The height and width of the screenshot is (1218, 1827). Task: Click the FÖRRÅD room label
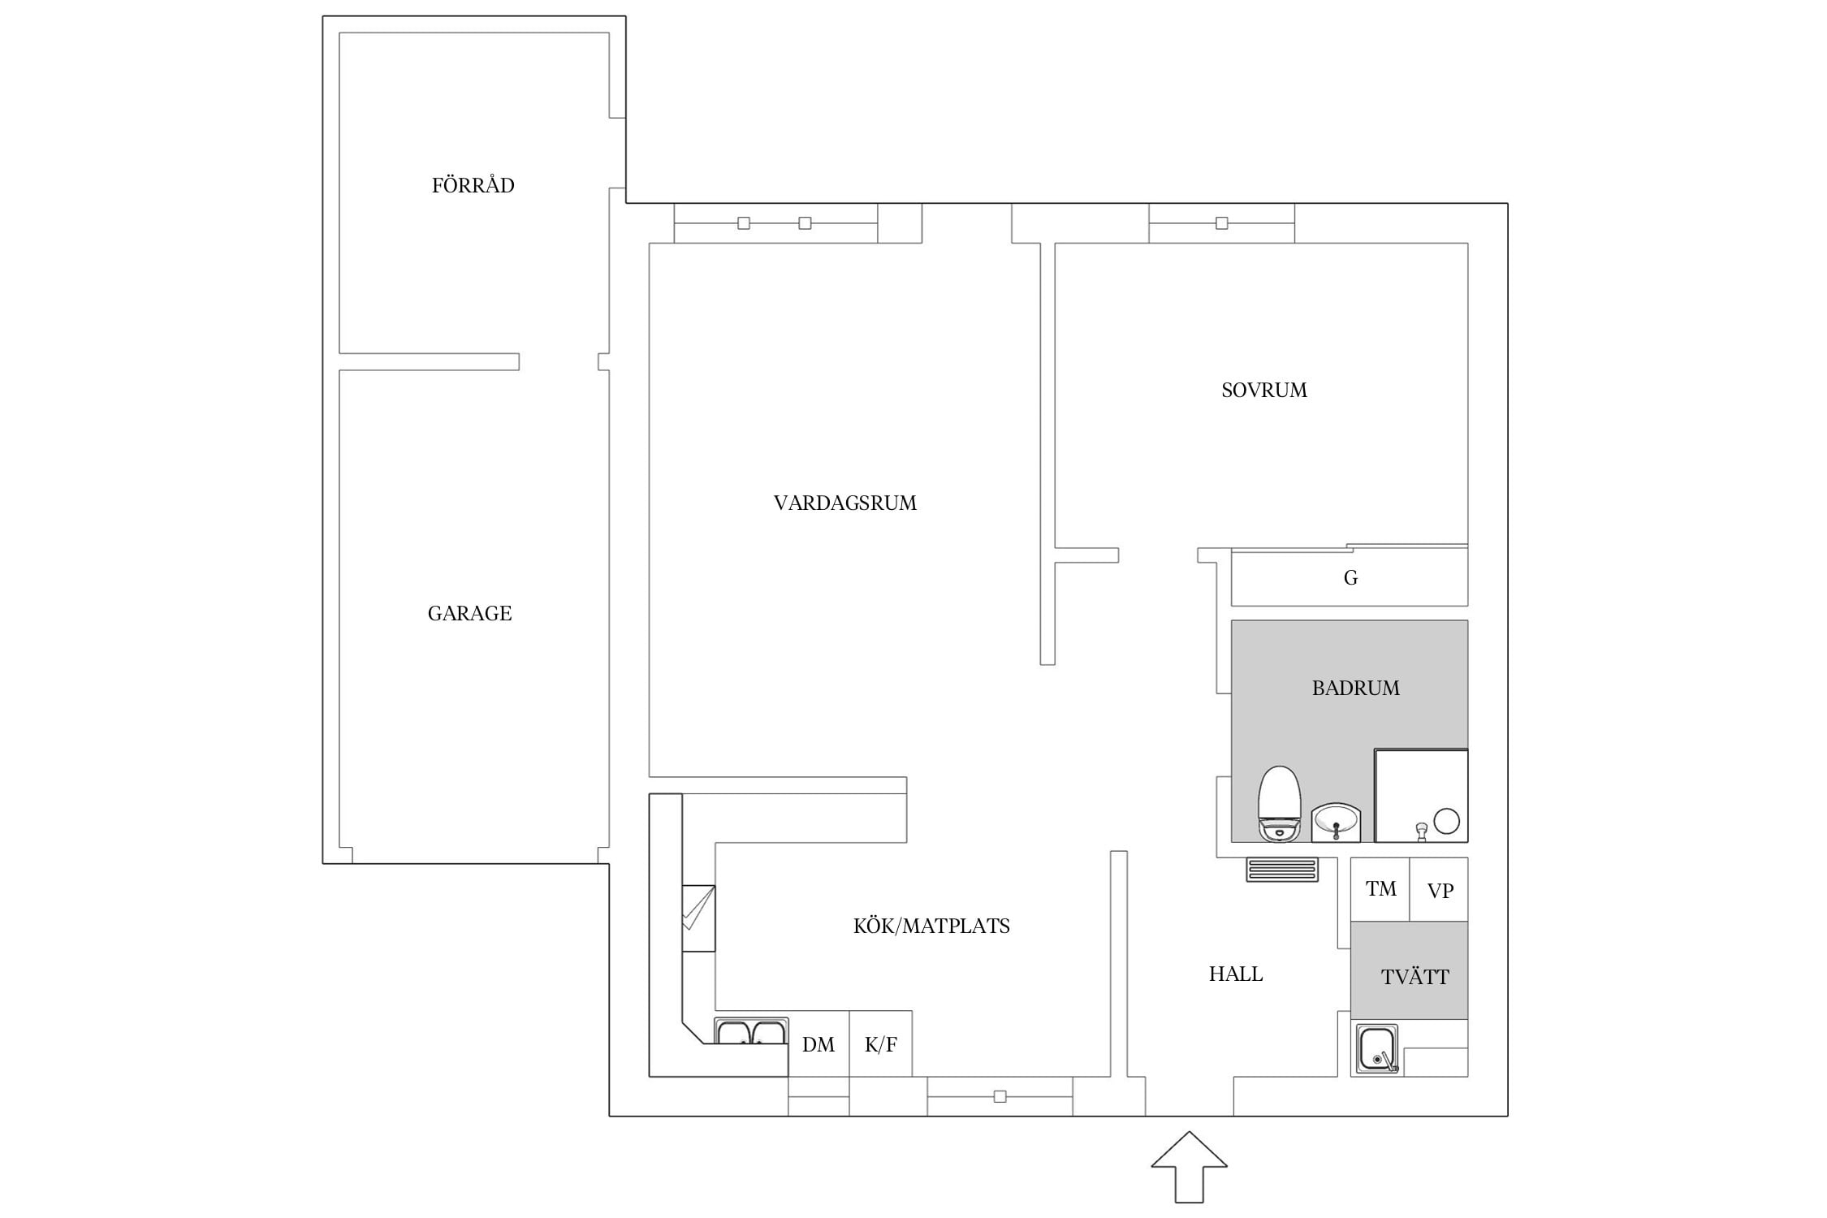[473, 185]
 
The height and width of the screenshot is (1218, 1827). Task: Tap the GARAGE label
[469, 613]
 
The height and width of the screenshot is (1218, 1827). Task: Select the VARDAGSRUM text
[844, 503]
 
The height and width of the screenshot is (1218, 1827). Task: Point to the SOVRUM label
[1263, 390]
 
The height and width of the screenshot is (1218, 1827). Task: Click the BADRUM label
[1355, 688]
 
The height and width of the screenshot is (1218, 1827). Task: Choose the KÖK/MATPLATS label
[931, 926]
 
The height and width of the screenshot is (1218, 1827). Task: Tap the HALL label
[1235, 974]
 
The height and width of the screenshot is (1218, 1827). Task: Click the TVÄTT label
[1415, 976]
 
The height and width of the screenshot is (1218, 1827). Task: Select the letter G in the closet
[1350, 577]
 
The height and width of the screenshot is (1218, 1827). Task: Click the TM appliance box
[1380, 889]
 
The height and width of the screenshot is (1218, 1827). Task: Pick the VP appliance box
[1439, 889]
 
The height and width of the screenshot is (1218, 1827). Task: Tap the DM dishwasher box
[818, 1043]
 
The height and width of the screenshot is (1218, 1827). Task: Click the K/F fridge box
[880, 1043]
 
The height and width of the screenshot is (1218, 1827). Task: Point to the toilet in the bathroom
[1279, 803]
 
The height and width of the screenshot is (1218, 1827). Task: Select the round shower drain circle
[1446, 821]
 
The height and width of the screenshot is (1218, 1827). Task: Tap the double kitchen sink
[751, 1030]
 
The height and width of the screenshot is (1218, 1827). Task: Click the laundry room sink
[1376, 1049]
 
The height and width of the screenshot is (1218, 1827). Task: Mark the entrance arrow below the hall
[1189, 1166]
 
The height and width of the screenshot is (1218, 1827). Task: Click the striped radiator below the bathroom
[1282, 870]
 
